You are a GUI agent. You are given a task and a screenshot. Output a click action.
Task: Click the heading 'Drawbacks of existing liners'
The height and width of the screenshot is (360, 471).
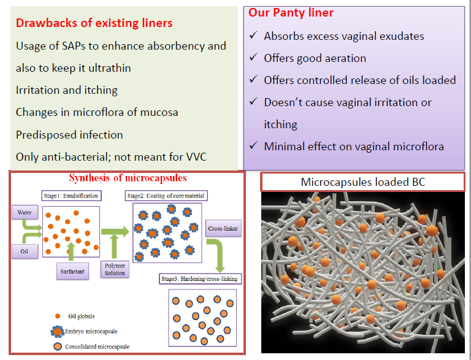[94, 23]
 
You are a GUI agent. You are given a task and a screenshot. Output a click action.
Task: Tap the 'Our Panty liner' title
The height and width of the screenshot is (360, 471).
[291, 13]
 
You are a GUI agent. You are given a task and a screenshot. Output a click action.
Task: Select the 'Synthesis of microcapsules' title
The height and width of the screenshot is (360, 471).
[128, 178]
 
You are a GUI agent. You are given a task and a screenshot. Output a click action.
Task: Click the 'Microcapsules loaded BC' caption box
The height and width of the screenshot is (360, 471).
[363, 182]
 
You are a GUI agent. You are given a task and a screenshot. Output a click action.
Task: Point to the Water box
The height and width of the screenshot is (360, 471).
[25, 212]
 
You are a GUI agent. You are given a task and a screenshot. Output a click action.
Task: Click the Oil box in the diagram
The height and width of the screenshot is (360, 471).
[25, 251]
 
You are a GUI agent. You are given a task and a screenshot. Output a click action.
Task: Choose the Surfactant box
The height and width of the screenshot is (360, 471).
[72, 271]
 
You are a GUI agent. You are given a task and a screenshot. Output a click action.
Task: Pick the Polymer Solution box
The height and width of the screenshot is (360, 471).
[115, 269]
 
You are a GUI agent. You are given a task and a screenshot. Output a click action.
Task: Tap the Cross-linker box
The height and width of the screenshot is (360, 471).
[223, 228]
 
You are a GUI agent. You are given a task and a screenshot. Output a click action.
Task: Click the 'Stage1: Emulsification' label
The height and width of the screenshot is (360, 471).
[71, 196]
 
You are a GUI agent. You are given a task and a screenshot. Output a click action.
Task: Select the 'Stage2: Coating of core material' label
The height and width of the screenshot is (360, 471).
[166, 196]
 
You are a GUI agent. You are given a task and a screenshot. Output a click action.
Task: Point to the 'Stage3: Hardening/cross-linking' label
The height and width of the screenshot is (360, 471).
[200, 279]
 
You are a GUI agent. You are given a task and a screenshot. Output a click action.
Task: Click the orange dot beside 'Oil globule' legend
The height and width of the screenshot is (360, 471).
[58, 316]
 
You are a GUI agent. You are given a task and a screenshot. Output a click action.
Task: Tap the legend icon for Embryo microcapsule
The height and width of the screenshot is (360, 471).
[57, 331]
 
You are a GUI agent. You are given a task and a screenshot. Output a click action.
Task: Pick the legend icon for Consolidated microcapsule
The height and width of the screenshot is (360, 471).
[58, 347]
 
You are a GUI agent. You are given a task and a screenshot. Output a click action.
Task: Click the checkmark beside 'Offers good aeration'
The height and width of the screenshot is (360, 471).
[253, 57]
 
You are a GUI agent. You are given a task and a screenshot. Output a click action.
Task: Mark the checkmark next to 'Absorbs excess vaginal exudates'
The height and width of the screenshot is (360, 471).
[253, 35]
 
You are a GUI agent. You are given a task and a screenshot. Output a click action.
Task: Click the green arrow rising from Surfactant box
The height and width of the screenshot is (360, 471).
[71, 251]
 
